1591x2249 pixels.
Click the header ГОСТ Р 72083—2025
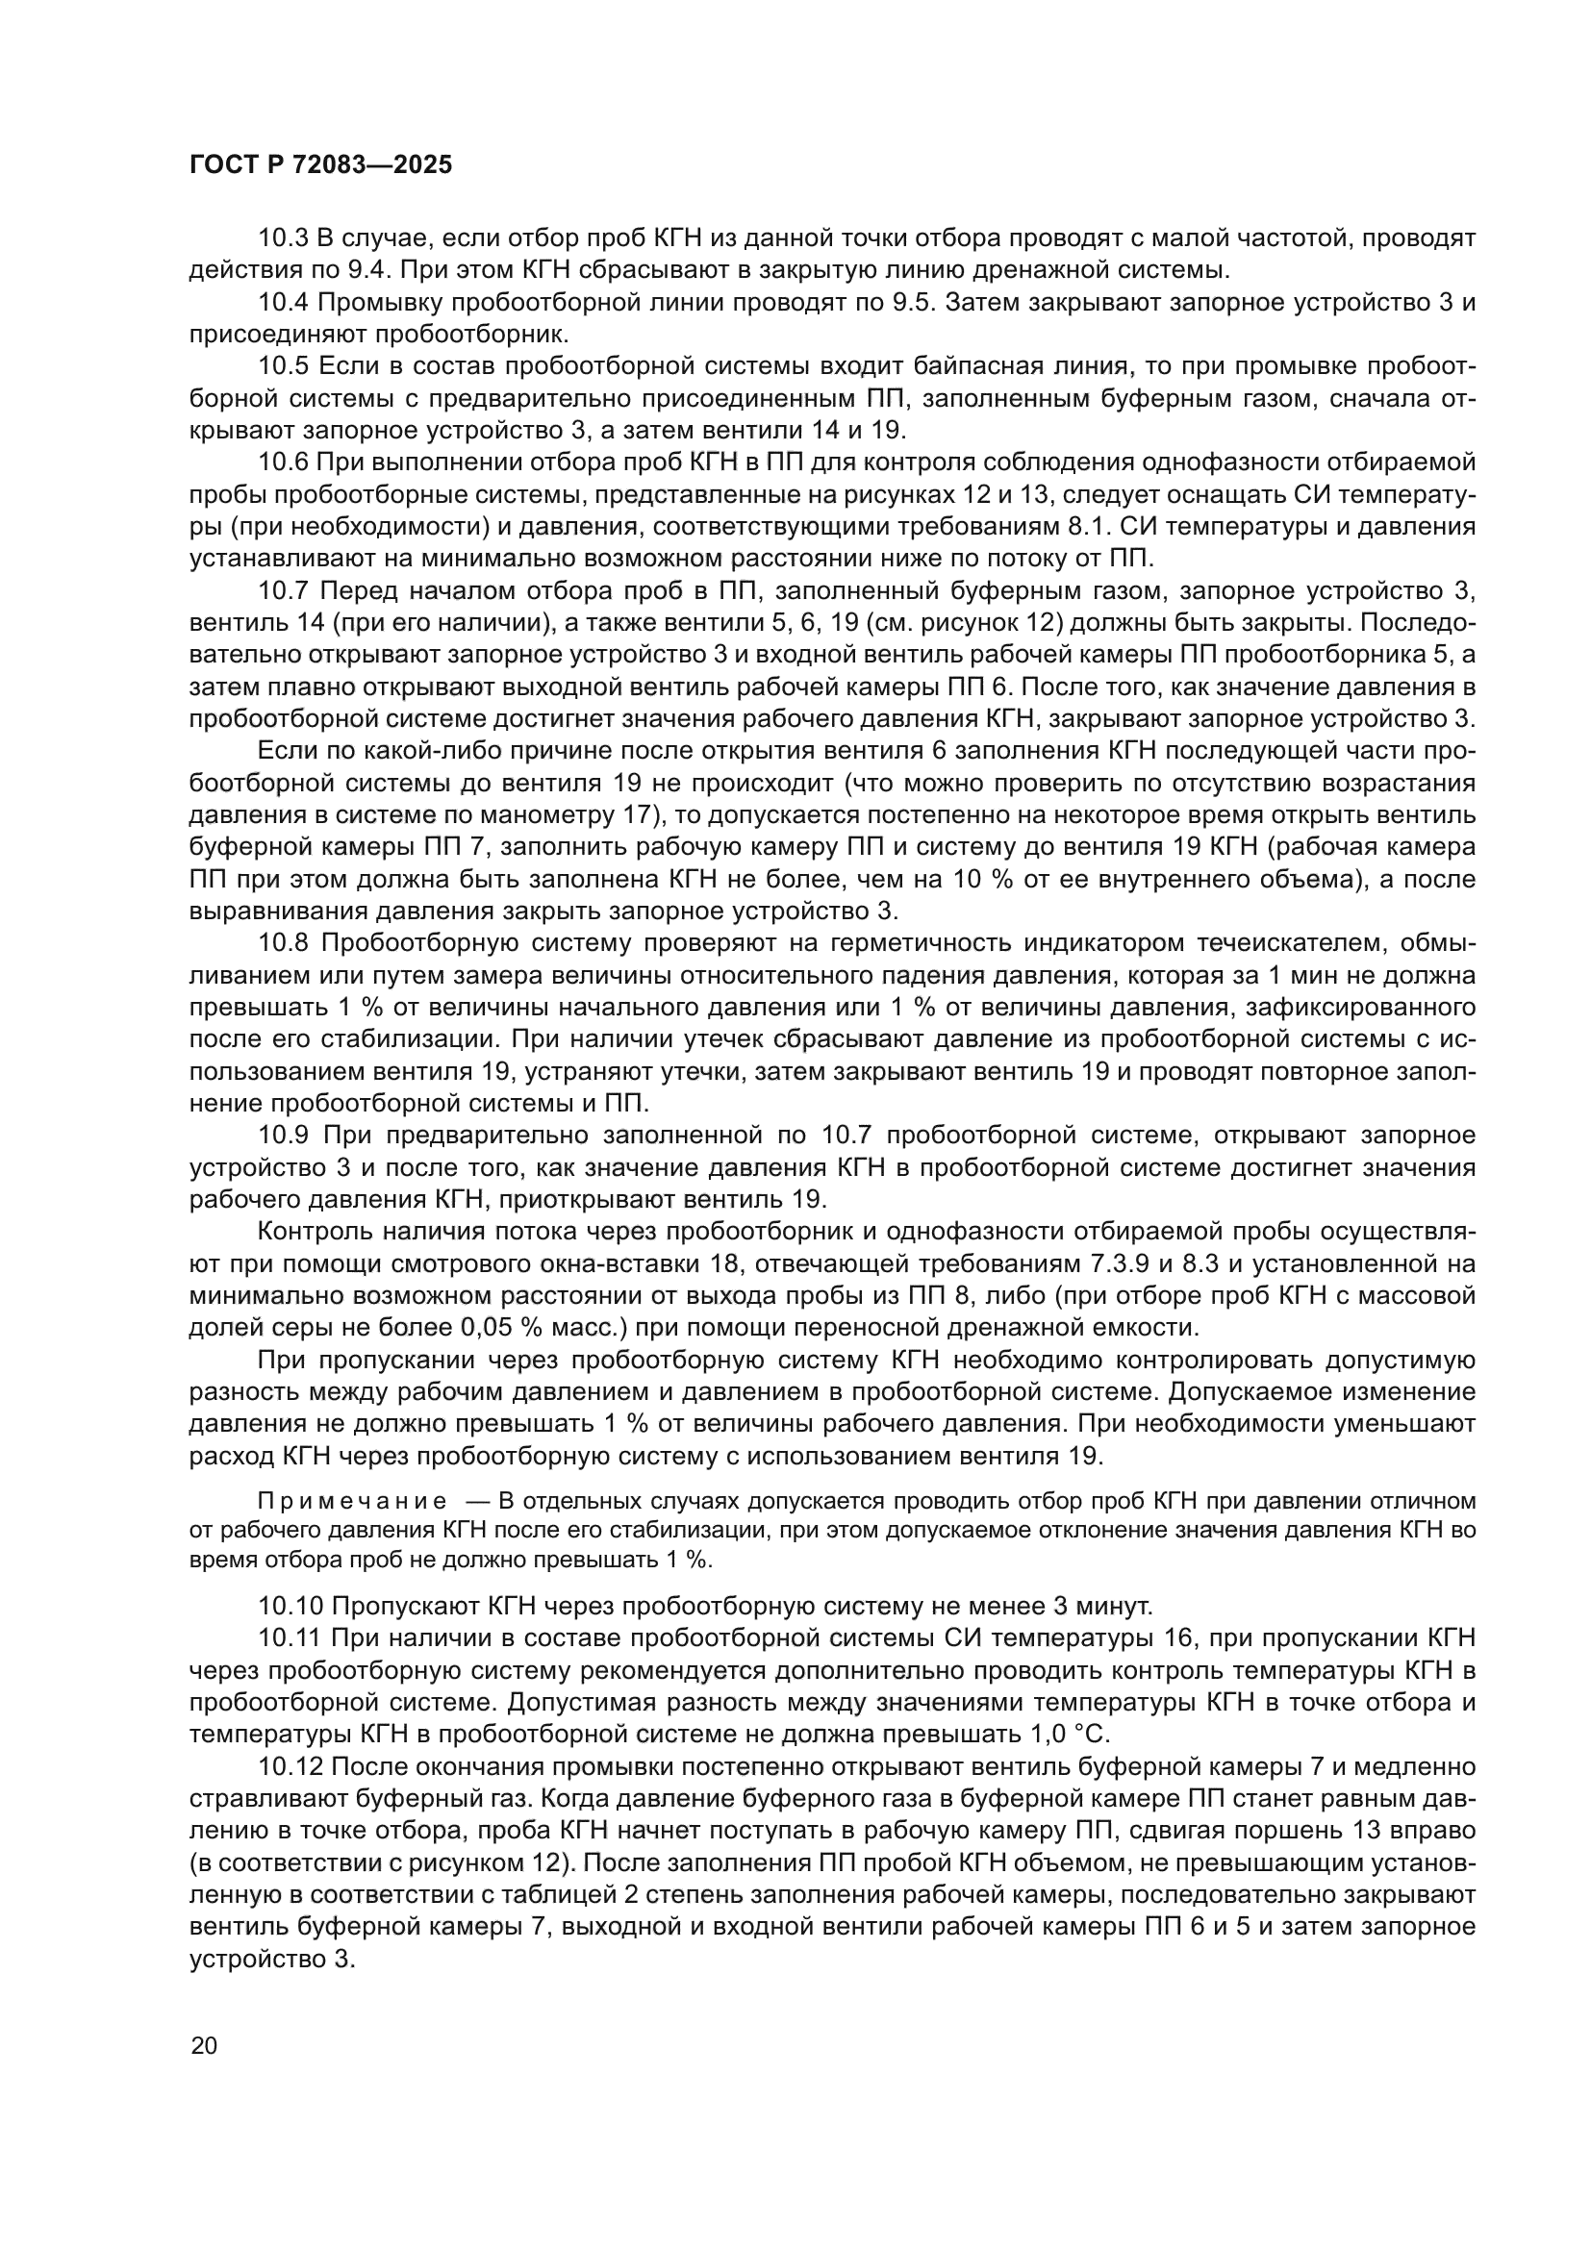(x=320, y=165)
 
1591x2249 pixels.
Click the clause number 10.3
(x=283, y=238)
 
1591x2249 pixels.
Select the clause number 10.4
(x=283, y=303)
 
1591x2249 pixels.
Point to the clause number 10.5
(x=283, y=366)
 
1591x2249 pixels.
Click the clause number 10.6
(x=283, y=462)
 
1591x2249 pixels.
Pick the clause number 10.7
(x=283, y=590)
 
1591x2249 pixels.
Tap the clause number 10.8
(x=283, y=943)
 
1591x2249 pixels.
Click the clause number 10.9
(x=283, y=1136)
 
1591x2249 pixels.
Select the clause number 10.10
(x=290, y=1606)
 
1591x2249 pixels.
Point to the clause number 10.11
(x=290, y=1637)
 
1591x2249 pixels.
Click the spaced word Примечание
(x=352, y=1502)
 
